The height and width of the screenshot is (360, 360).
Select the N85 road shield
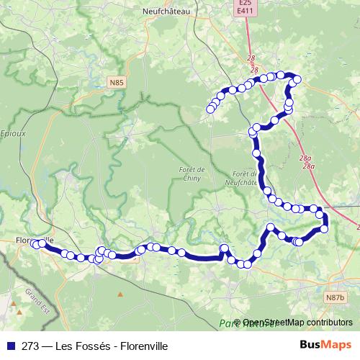tap(117, 84)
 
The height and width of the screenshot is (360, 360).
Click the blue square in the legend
tap(9, 346)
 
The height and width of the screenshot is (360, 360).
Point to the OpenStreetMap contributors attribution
tap(297, 323)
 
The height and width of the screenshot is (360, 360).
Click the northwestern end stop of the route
tap(210, 109)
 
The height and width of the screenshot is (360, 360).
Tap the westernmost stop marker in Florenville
tap(33, 244)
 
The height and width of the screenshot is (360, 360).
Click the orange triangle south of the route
tap(121, 294)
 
